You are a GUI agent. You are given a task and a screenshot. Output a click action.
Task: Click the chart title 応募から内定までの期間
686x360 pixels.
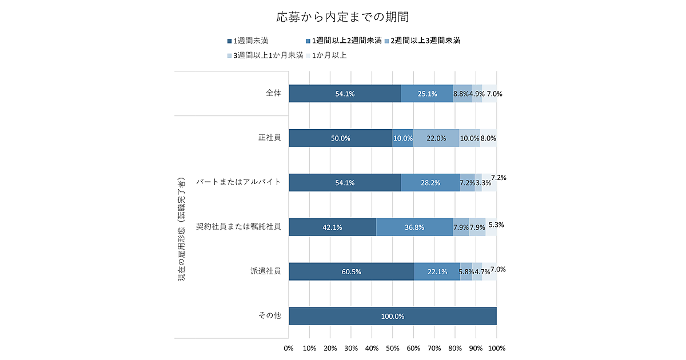pyautogui.click(x=342, y=17)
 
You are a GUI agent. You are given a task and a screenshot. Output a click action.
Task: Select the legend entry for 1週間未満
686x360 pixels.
pyautogui.click(x=248, y=41)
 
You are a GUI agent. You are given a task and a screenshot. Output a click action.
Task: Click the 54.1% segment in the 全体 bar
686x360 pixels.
pyautogui.click(x=345, y=94)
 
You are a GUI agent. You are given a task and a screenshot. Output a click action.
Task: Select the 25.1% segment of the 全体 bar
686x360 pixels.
pyautogui.click(x=427, y=94)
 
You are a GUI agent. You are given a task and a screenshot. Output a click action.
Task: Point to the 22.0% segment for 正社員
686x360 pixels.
pyautogui.click(x=436, y=138)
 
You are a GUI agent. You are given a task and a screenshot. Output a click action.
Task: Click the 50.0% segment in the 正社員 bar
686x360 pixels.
pyautogui.click(x=341, y=138)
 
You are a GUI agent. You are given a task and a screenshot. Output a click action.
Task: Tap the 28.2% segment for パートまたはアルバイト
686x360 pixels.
pyautogui.click(x=430, y=183)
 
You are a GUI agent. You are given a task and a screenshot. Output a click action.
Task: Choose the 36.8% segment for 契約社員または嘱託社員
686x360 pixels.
pyautogui.click(x=414, y=227)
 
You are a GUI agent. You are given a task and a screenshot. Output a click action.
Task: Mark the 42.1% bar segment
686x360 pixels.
pyautogui.click(x=332, y=227)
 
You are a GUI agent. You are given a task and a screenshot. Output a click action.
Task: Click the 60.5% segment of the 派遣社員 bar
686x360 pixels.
pyautogui.click(x=351, y=271)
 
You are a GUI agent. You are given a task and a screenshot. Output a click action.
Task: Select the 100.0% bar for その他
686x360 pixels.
pyautogui.click(x=392, y=316)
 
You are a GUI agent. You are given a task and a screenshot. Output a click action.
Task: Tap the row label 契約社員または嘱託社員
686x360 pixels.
pyautogui.click(x=238, y=226)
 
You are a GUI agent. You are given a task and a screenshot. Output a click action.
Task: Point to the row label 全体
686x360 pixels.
pyautogui.click(x=274, y=93)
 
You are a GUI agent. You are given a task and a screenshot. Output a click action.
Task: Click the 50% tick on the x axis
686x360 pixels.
pyautogui.click(x=392, y=348)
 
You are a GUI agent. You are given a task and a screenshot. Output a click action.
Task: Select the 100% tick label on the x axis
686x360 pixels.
pyautogui.click(x=496, y=348)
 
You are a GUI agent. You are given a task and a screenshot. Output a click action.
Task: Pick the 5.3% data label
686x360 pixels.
pyautogui.click(x=496, y=225)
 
